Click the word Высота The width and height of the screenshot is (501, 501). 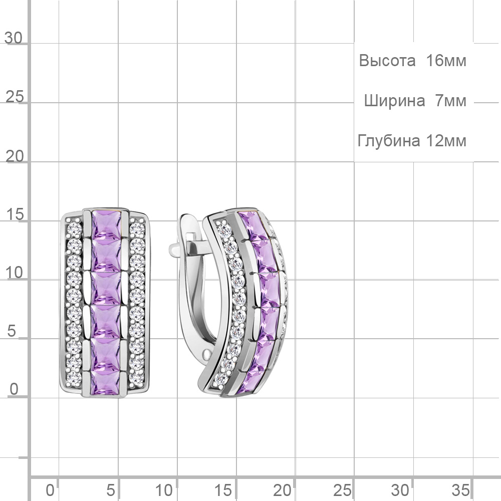pos(387,60)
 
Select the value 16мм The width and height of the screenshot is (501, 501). pos(446,60)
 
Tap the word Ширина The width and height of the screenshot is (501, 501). pos(395,101)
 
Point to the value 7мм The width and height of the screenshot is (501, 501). pos(451,101)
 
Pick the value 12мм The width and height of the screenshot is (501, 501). pos(446,141)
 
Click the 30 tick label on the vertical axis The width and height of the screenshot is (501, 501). pos(14,38)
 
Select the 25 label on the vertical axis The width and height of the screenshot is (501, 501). pos(15,97)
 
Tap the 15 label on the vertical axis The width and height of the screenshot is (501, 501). pos(15,214)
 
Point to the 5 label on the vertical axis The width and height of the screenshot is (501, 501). pos(12,331)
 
